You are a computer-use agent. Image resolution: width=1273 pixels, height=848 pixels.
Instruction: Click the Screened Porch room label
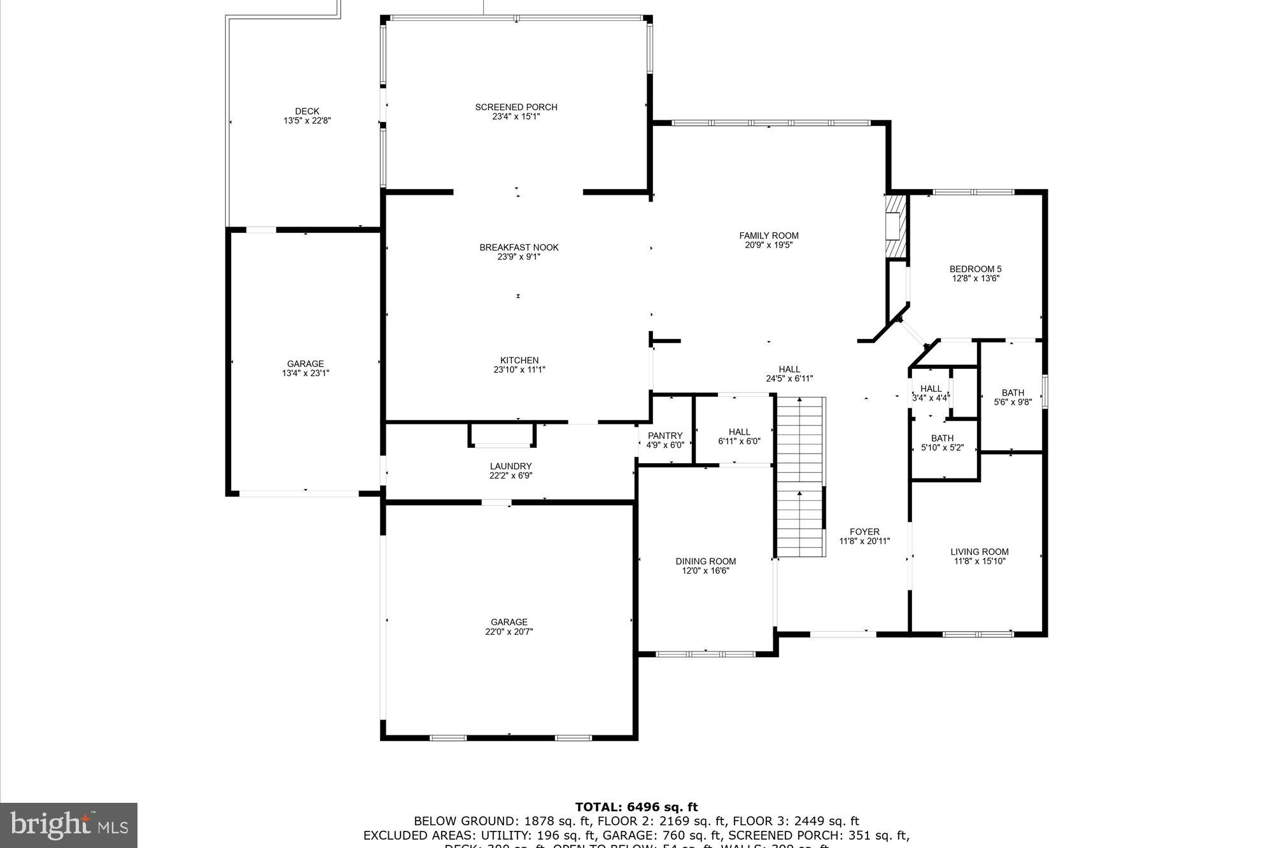516,108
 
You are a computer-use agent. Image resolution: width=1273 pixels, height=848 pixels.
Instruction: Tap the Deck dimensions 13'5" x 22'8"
307,120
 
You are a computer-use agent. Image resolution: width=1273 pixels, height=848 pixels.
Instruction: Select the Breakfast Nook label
519,247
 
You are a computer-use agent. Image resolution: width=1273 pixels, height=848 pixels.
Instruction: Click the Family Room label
768,236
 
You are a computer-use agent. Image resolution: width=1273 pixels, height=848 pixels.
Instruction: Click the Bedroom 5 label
975,269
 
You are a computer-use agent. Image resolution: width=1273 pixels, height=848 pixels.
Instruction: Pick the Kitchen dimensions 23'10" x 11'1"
519,370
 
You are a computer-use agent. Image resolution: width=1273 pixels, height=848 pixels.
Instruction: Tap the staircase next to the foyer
799,477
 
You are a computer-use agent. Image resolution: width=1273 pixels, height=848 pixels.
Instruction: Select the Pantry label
665,436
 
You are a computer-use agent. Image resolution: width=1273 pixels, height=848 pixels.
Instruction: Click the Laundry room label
510,466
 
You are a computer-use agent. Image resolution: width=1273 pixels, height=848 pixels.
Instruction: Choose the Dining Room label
705,561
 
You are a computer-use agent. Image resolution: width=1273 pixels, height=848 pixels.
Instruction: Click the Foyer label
864,532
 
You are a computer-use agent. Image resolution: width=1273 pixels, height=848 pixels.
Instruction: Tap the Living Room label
979,552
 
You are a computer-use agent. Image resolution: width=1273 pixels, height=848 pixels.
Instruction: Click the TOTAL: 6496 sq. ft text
636,807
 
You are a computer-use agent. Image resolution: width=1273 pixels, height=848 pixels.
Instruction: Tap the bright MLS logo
69,825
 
